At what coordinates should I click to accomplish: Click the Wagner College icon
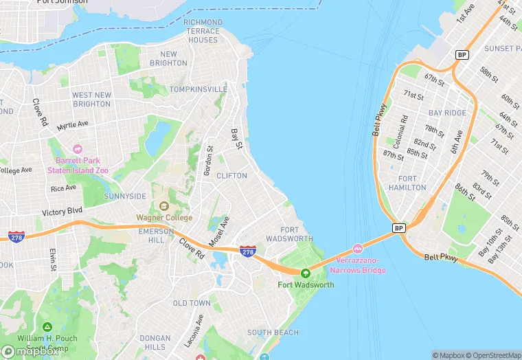tap(163, 206)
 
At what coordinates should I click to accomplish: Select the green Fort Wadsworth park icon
tap(306, 273)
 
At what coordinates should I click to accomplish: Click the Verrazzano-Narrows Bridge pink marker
tap(357, 249)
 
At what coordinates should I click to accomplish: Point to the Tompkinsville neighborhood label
tap(198, 89)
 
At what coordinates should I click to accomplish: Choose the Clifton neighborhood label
tap(231, 176)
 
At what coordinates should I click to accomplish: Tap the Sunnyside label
tap(125, 196)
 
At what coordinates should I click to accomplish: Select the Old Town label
tap(192, 303)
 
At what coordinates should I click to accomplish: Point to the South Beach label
tap(273, 333)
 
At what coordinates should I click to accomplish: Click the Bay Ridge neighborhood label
tap(447, 113)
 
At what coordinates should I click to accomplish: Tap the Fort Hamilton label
tap(407, 183)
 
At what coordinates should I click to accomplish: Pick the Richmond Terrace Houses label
tap(203, 31)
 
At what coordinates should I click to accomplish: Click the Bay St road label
tap(238, 139)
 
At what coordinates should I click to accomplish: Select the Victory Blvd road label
tap(62, 212)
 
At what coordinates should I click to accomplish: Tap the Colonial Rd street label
tap(404, 128)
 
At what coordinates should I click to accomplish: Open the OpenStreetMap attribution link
tap(493, 355)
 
